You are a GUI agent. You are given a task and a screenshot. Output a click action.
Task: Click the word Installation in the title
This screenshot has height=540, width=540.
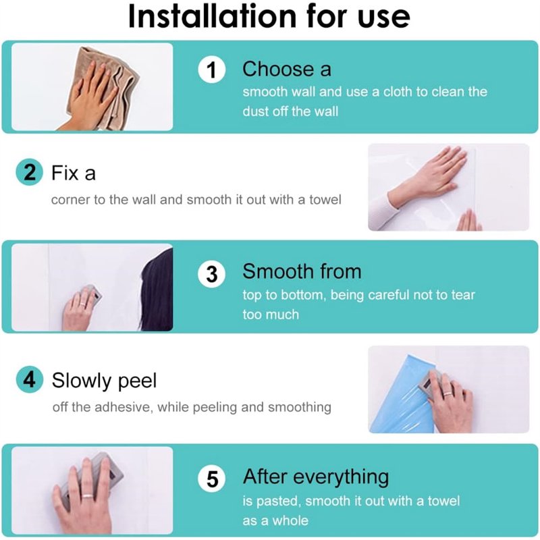click(x=212, y=16)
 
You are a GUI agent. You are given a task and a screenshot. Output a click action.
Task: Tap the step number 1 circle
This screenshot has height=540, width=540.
click(x=212, y=70)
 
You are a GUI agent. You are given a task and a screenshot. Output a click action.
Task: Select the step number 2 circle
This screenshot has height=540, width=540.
click(x=30, y=172)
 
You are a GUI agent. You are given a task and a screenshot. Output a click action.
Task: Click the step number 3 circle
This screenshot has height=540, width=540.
click(x=212, y=275)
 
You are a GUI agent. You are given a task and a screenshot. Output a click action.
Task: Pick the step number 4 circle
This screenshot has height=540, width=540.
click(x=30, y=379)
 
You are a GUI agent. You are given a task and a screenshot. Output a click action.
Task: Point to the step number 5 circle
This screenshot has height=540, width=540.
click(x=212, y=479)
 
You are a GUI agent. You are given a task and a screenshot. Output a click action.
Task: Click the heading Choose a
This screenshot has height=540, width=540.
click(x=287, y=69)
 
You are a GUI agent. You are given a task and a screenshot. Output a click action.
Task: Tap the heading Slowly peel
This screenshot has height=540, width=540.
click(x=104, y=381)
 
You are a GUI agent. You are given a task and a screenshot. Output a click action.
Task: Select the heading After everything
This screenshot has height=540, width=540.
click(x=316, y=478)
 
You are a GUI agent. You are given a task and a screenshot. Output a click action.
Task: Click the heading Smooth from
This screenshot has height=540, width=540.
click(x=302, y=271)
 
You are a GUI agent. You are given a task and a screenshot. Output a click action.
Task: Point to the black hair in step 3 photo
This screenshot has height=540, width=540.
click(x=159, y=291)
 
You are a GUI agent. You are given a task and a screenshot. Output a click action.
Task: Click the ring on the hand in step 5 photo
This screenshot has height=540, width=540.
click(x=88, y=496)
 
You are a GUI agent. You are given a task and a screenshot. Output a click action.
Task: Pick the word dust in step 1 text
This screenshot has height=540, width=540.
click(x=255, y=111)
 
